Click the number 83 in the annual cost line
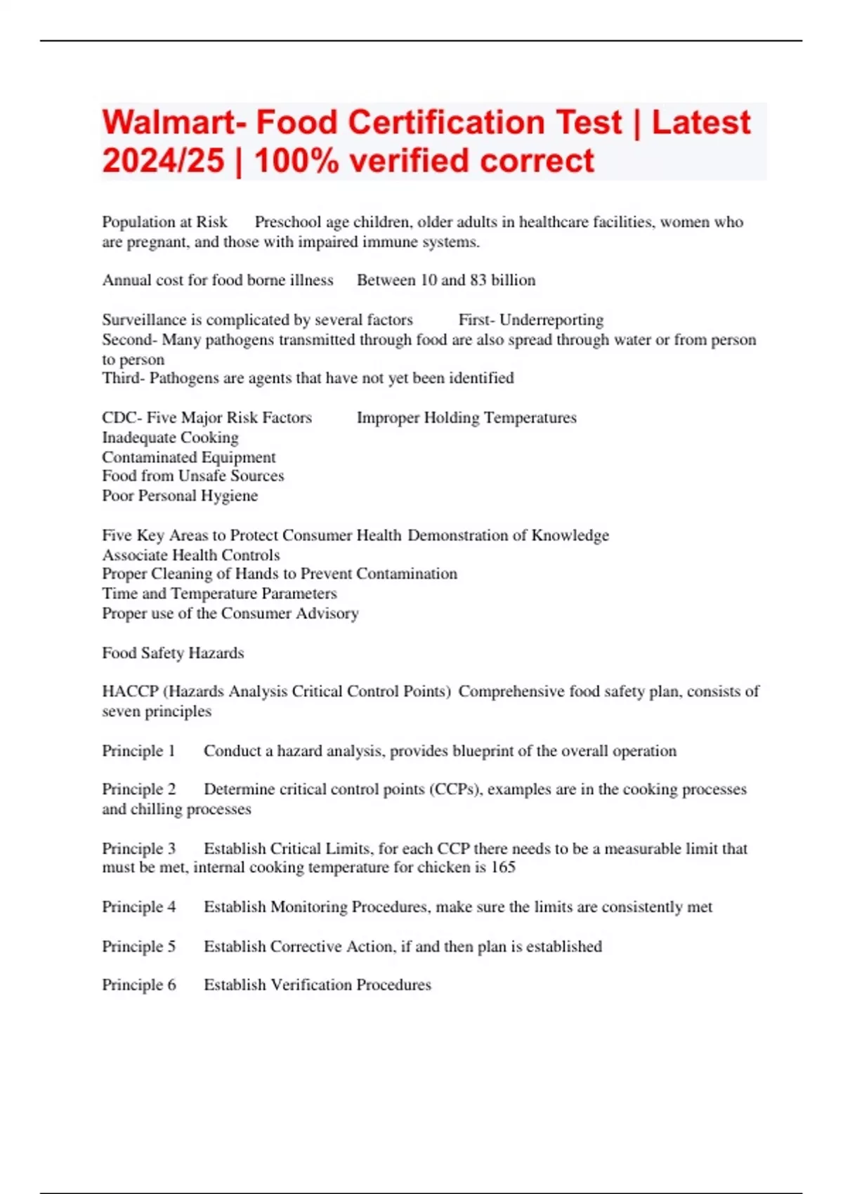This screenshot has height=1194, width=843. pyautogui.click(x=478, y=280)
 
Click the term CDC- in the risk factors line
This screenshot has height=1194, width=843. pyautogui.click(x=122, y=418)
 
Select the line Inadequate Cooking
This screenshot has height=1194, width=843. pyautogui.click(x=170, y=438)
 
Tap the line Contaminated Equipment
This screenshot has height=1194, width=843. pyautogui.click(x=188, y=457)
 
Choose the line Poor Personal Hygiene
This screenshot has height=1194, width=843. pyautogui.click(x=179, y=496)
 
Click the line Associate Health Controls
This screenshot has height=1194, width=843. pyautogui.click(x=190, y=555)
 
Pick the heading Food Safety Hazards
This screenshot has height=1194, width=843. pyautogui.click(x=173, y=653)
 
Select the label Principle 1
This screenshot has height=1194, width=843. pyautogui.click(x=138, y=751)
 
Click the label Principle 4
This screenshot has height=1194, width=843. pyautogui.click(x=138, y=907)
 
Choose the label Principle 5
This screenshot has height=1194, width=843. pyautogui.click(x=138, y=947)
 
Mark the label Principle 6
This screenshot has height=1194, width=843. pyautogui.click(x=138, y=985)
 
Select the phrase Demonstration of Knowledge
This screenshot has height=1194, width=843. pyautogui.click(x=508, y=535)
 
